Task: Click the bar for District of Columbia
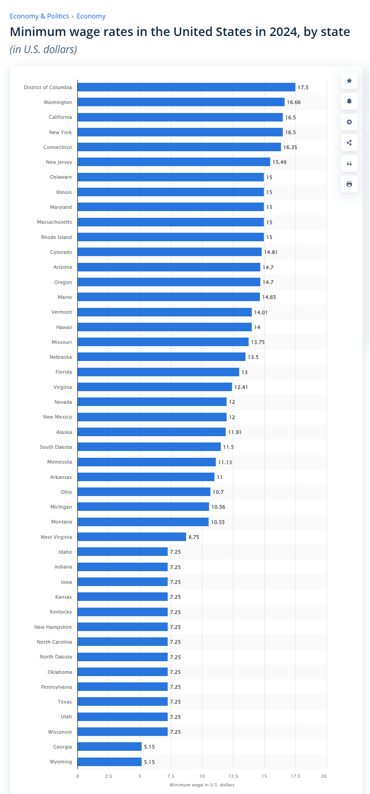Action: click(187, 87)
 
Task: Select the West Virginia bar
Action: click(132, 537)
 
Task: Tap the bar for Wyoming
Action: click(110, 762)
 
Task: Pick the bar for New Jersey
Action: click(174, 162)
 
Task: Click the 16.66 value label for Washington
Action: click(294, 102)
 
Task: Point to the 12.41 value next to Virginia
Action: click(241, 387)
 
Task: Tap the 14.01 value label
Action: click(261, 312)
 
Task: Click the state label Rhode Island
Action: click(57, 237)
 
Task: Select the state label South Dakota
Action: click(56, 447)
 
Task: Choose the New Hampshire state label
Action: click(53, 627)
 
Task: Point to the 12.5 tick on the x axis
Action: click(233, 776)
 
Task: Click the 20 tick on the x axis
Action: click(324, 776)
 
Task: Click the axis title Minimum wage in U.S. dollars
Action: click(202, 785)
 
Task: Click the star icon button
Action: click(349, 81)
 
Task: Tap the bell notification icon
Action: click(349, 101)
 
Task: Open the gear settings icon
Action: click(349, 122)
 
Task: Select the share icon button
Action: click(349, 143)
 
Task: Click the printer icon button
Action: click(349, 184)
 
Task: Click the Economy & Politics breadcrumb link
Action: click(40, 16)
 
